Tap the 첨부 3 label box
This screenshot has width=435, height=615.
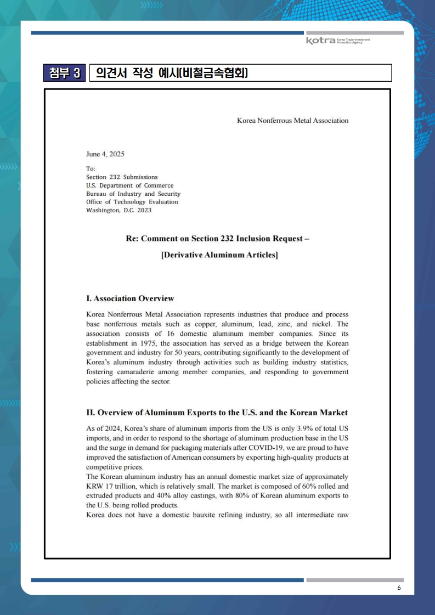[65, 73]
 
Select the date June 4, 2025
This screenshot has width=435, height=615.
[105, 154]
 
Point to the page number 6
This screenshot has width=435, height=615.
[399, 588]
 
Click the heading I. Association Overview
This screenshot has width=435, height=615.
[130, 299]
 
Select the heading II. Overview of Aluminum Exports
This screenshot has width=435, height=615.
[217, 413]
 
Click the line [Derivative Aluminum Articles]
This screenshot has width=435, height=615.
[219, 256]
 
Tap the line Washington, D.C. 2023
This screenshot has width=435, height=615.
[118, 210]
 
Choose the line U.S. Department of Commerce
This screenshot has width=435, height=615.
[129, 185]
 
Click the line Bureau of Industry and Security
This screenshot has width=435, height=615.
[133, 194]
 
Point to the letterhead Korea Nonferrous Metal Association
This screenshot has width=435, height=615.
[292, 121]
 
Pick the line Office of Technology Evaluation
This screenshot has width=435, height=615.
[132, 202]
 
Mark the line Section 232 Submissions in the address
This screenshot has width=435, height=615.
[122, 177]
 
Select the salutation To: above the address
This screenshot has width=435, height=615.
[91, 168]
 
